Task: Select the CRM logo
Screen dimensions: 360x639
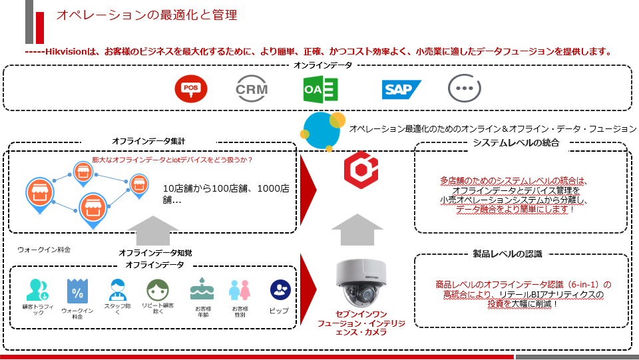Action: (x=252, y=89)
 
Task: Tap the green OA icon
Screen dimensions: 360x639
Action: (x=320, y=89)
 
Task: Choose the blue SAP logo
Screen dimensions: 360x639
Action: (x=401, y=89)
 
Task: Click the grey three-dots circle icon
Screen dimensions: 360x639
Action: (x=463, y=89)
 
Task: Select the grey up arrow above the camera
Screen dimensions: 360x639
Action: (x=357, y=230)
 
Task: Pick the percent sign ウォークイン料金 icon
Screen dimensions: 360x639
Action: (x=77, y=291)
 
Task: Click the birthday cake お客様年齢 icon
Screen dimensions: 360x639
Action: (x=202, y=290)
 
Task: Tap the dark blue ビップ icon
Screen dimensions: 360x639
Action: (x=280, y=289)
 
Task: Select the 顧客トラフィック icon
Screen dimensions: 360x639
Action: (x=37, y=290)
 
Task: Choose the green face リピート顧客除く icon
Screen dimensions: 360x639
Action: (x=157, y=290)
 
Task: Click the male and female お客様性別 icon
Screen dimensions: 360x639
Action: (x=239, y=291)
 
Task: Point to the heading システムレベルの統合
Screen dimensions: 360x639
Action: (x=516, y=142)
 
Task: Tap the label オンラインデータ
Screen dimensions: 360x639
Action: (x=323, y=65)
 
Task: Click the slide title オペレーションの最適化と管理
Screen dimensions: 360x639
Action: (x=146, y=15)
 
